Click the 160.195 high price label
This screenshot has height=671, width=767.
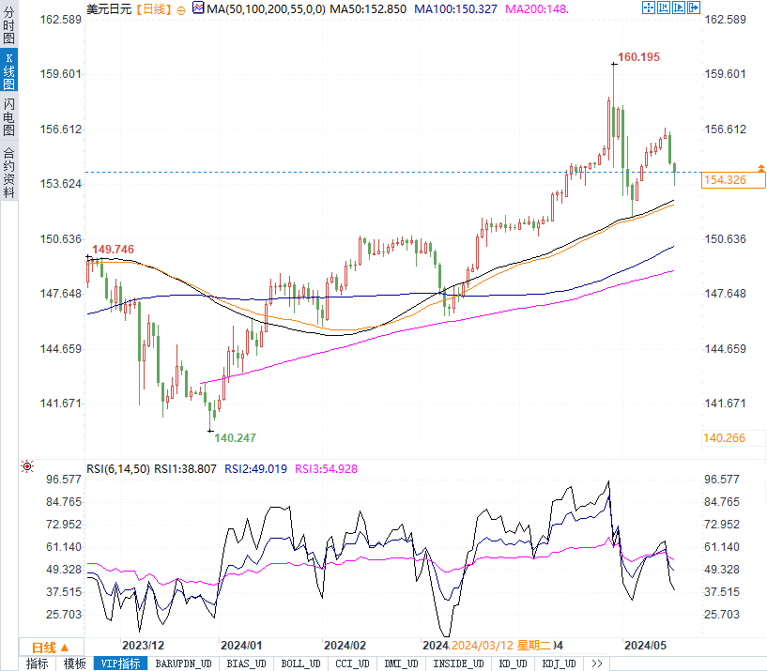click(x=639, y=57)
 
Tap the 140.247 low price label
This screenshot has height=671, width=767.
click(x=235, y=437)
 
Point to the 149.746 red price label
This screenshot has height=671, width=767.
click(x=114, y=249)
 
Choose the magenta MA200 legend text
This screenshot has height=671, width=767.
click(x=537, y=8)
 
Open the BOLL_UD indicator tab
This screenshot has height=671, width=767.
click(x=301, y=663)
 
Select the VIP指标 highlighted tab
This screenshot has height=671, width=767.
click(x=122, y=663)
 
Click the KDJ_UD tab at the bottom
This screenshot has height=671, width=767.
click(x=561, y=663)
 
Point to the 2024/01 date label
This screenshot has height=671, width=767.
click(x=241, y=646)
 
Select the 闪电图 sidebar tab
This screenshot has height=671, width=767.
click(x=8, y=116)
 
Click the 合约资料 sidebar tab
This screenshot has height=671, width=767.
click(x=8, y=172)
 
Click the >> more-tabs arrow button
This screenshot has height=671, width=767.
click(x=596, y=663)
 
